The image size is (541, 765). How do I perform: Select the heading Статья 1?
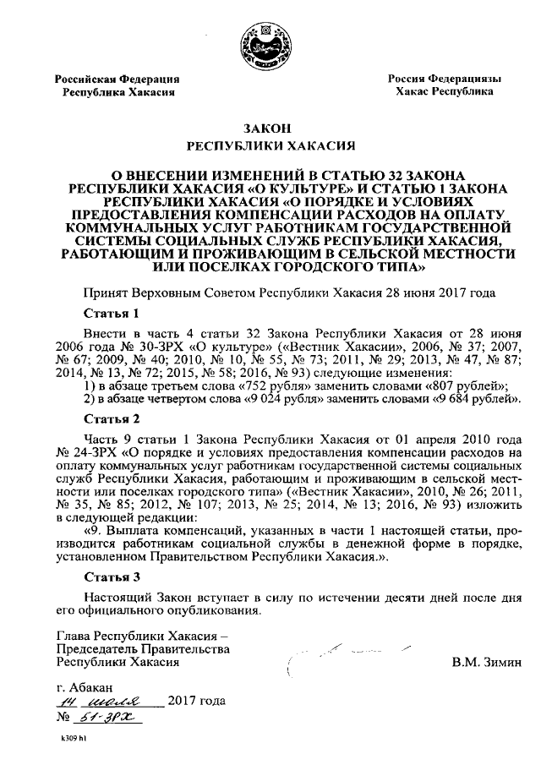coord(112,312)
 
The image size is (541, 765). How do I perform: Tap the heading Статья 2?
coord(112,418)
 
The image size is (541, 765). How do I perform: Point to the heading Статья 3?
coord(112,578)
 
